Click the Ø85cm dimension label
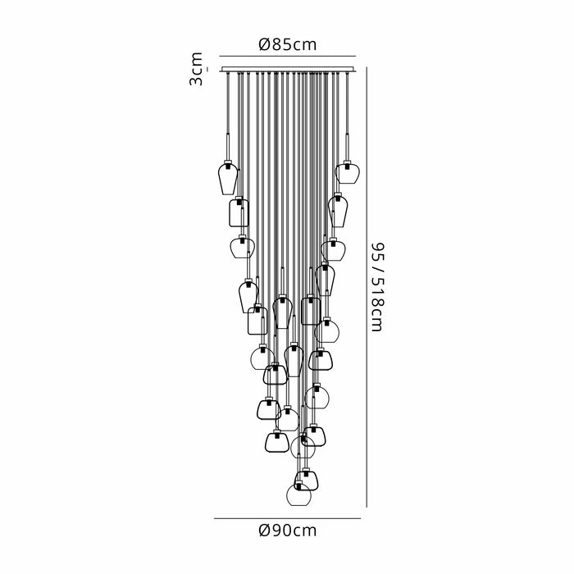[287, 44]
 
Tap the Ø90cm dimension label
[287, 531]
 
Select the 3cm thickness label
[196, 69]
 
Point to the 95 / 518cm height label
[376, 287]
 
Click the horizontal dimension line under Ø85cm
[287, 56]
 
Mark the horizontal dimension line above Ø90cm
[287, 518]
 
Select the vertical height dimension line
[367, 287]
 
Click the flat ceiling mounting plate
[287, 69]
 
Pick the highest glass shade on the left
[228, 179]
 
